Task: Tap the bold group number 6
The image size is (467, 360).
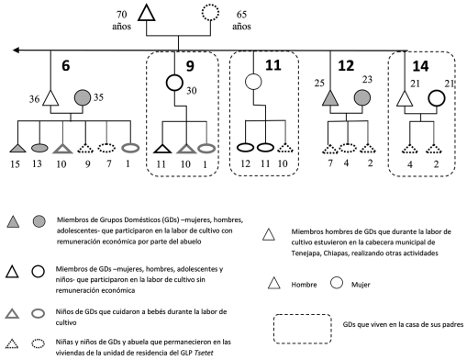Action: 66,66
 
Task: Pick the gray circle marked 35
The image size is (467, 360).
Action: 82,96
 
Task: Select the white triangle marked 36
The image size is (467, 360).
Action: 51,98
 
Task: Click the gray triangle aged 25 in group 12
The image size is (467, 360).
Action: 329,98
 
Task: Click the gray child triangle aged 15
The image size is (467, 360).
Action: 17,147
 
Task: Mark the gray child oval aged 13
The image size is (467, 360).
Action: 39,147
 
